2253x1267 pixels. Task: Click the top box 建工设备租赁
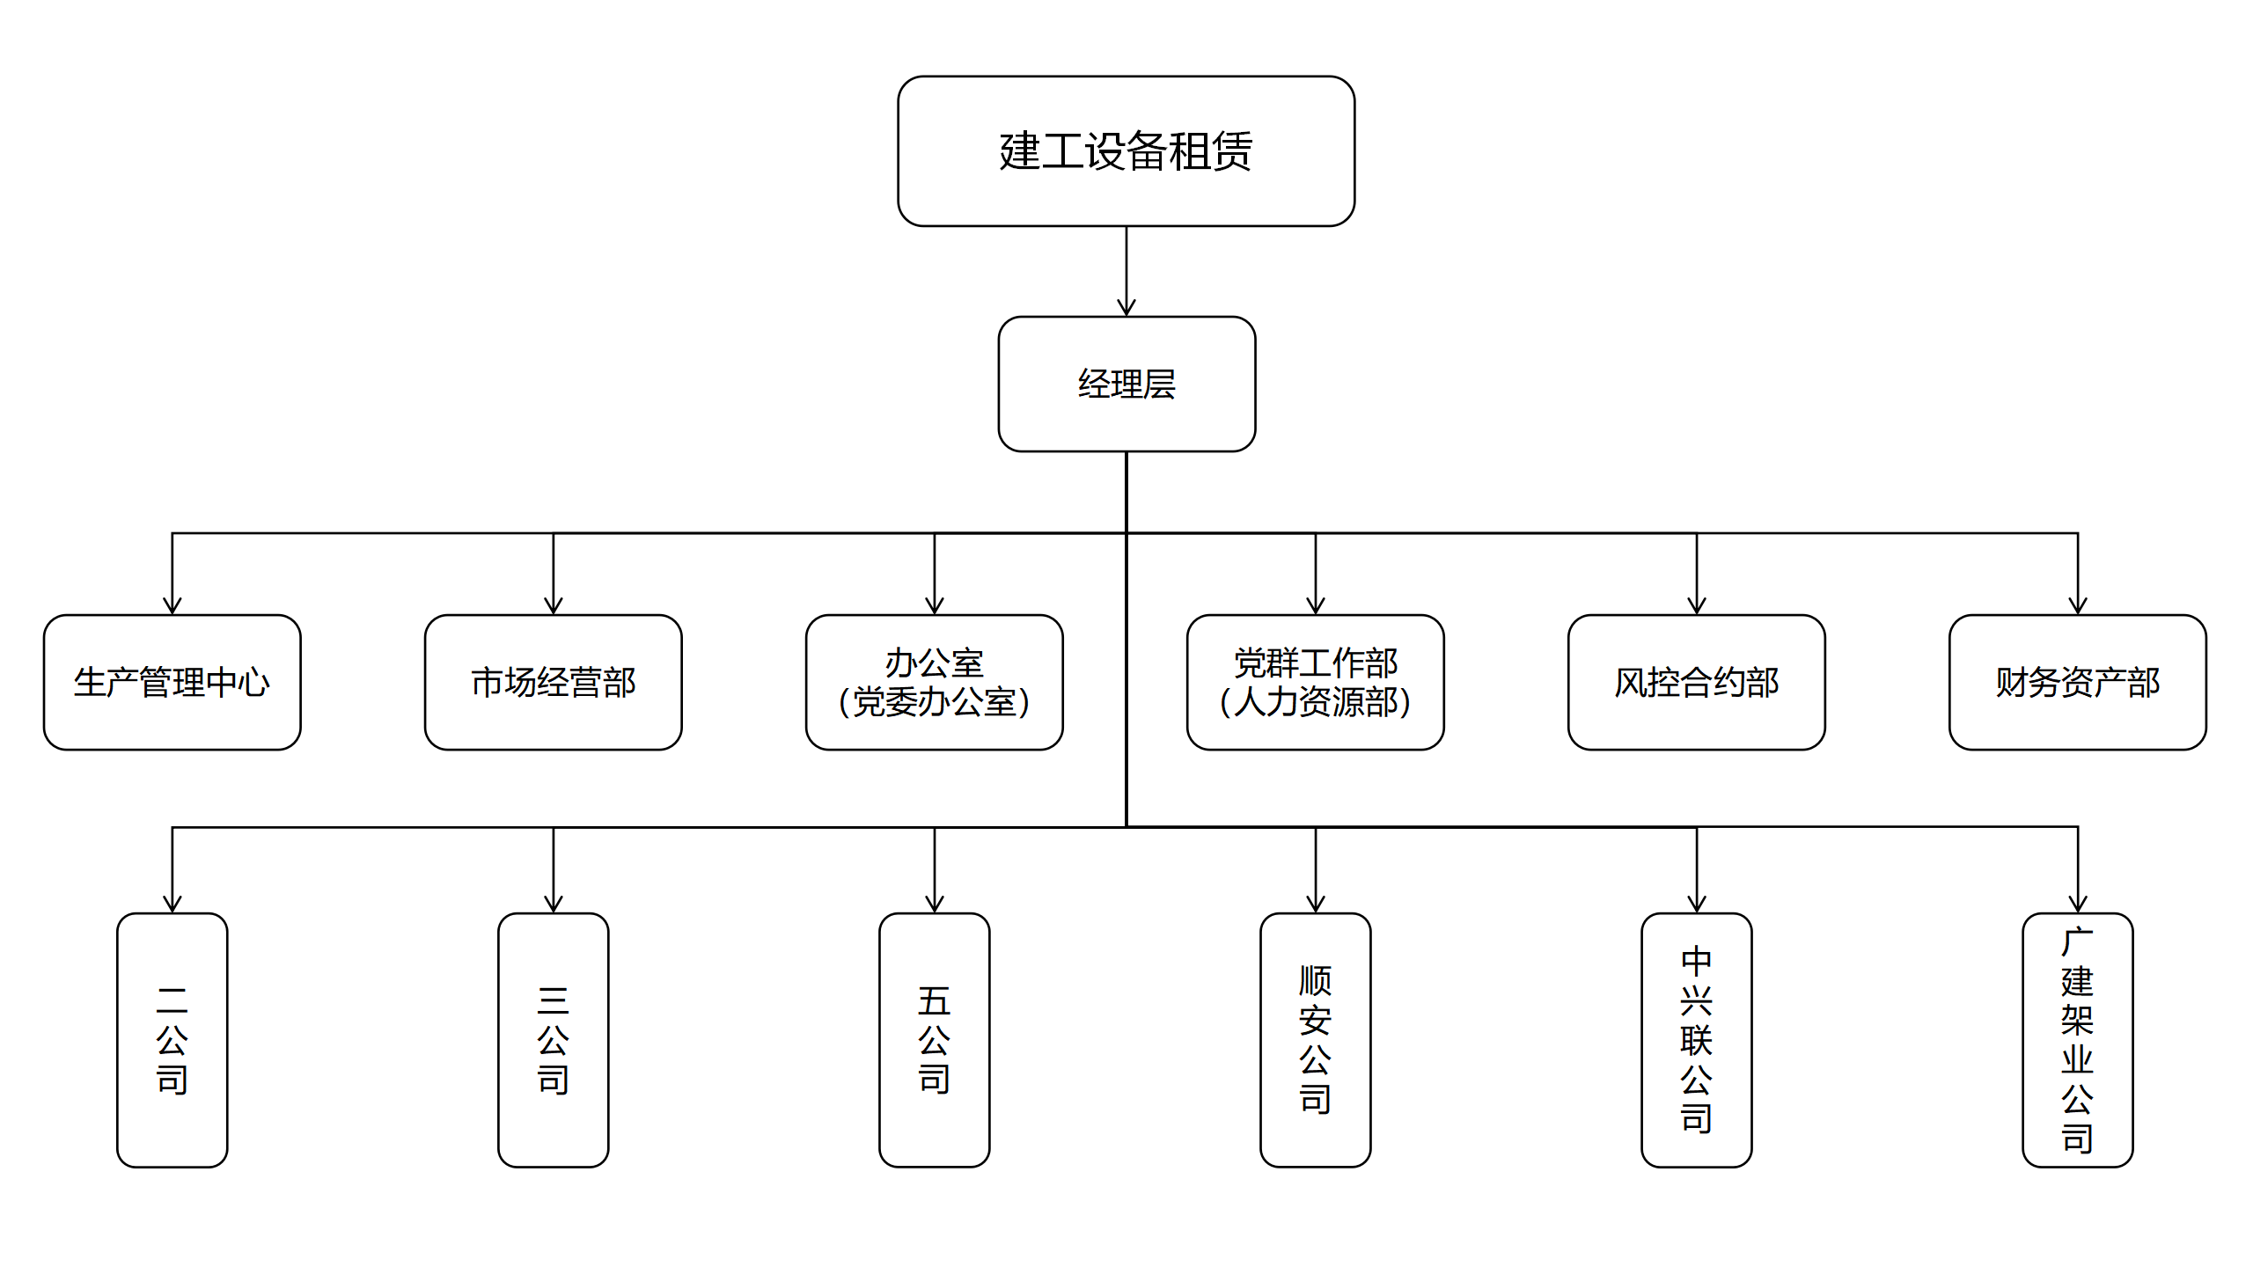(1126, 151)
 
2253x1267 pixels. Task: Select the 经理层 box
(1126, 384)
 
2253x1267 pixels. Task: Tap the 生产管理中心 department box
(172, 682)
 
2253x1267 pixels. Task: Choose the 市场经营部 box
(554, 682)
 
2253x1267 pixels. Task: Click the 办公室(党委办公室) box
(935, 682)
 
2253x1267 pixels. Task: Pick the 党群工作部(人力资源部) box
(1316, 682)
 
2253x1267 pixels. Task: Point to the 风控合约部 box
(1697, 682)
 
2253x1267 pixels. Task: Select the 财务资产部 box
(2078, 682)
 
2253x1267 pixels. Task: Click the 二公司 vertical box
(172, 1040)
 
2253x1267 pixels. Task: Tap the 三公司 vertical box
(554, 1040)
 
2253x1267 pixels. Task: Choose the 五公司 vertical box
(935, 1040)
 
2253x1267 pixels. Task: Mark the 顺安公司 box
(1316, 1040)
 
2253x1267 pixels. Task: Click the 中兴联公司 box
(1697, 1040)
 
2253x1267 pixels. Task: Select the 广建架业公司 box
(2078, 1040)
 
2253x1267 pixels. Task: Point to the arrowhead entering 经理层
(1126, 308)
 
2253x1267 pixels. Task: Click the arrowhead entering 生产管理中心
(172, 605)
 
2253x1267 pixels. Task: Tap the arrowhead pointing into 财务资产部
(2078, 605)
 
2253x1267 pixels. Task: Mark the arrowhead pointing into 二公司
(172, 904)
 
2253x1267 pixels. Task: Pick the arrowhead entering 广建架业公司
(2078, 904)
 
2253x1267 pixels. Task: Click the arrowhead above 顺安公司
(1316, 904)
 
